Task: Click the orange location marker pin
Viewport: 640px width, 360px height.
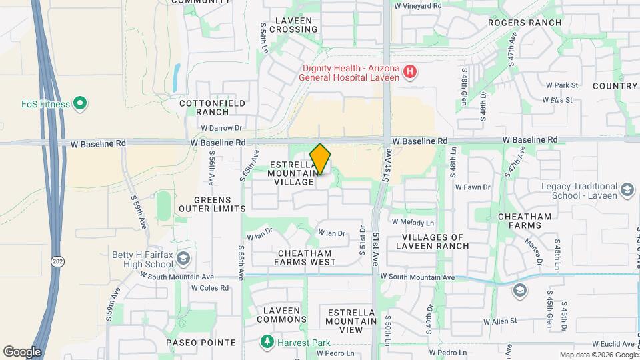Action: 321,159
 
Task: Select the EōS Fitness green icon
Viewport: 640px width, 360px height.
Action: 80,103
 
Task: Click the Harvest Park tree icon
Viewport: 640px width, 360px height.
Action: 267,343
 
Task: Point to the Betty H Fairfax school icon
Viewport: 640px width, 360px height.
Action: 184,259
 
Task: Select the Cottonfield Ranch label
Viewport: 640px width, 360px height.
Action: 213,107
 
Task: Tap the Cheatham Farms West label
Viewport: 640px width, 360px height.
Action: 304,257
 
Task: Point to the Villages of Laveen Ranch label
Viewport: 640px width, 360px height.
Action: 436,241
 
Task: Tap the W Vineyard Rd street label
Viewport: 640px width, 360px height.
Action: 418,5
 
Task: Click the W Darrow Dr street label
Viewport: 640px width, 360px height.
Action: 221,128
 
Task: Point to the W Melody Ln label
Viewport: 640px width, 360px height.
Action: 413,222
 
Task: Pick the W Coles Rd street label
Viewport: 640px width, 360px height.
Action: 210,288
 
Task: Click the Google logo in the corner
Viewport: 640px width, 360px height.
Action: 21,351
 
